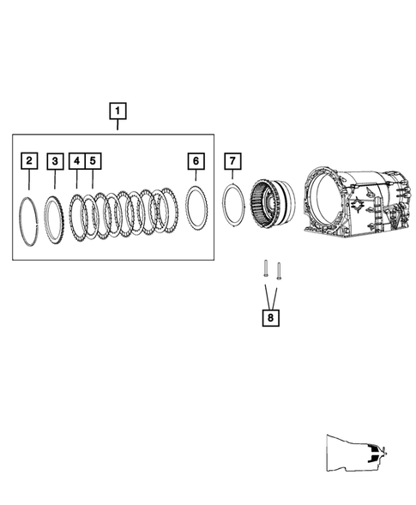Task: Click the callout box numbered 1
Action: tap(117, 111)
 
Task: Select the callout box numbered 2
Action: tap(29, 160)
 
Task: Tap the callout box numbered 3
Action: tap(55, 160)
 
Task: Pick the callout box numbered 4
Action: tap(76, 160)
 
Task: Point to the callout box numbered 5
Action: tap(93, 160)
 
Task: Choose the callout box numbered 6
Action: tap(196, 160)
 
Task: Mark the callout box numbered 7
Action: tap(231, 160)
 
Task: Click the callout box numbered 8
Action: tap(270, 317)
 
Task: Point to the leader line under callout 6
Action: tap(196, 177)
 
